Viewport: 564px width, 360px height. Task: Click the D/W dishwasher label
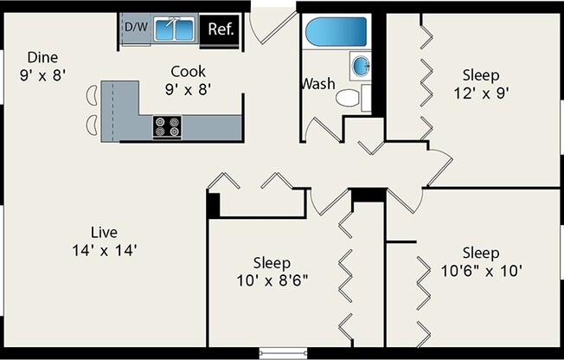[137, 27]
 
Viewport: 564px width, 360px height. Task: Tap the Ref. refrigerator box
[220, 29]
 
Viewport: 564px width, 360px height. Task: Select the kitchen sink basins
[175, 29]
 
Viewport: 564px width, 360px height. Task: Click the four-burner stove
[167, 126]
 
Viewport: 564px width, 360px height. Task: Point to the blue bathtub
[336, 32]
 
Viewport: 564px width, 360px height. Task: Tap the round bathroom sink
[361, 66]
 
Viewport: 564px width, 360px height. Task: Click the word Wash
[318, 84]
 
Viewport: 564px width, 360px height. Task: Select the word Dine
[42, 57]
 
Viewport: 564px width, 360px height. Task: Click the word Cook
[188, 71]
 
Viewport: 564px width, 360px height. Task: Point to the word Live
[104, 232]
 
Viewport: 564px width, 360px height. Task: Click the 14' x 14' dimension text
[105, 250]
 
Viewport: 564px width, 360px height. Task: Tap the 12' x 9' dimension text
[481, 93]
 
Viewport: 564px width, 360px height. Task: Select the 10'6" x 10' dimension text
[481, 271]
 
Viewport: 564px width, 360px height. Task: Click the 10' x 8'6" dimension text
[272, 280]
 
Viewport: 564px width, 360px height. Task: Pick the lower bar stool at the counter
[92, 125]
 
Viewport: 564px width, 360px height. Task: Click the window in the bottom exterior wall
[284, 353]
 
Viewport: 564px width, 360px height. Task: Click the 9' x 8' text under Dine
[42, 75]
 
